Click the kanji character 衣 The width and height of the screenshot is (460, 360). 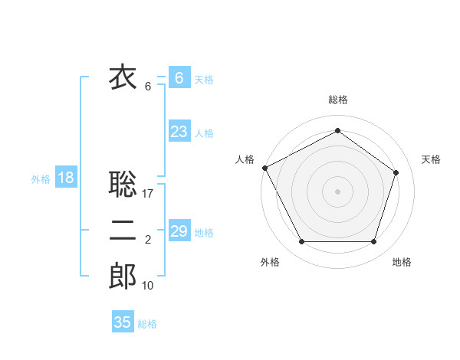(x=123, y=77)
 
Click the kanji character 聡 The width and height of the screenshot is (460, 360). (x=123, y=184)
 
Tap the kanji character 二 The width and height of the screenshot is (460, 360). (x=123, y=231)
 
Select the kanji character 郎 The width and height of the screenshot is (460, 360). (x=123, y=277)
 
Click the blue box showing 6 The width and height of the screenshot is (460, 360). (x=179, y=78)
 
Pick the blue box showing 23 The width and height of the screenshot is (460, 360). (x=179, y=132)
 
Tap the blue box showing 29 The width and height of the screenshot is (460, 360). (x=179, y=231)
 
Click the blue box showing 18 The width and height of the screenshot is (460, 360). (x=65, y=178)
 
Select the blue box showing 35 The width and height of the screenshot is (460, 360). (x=123, y=322)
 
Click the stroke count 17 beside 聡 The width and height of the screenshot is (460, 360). (x=148, y=194)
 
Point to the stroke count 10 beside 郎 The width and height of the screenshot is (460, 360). (x=148, y=286)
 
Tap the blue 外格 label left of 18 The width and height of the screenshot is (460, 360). (x=41, y=179)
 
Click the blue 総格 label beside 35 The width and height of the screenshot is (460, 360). (x=147, y=323)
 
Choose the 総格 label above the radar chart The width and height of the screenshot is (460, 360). (x=337, y=100)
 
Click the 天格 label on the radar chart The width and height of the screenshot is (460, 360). (x=431, y=159)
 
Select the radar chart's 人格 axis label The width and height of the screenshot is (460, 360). (x=245, y=159)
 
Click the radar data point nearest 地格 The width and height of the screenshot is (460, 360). (x=373, y=242)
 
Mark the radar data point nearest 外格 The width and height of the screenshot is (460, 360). (x=301, y=242)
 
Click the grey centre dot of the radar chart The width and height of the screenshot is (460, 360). (x=337, y=191)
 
